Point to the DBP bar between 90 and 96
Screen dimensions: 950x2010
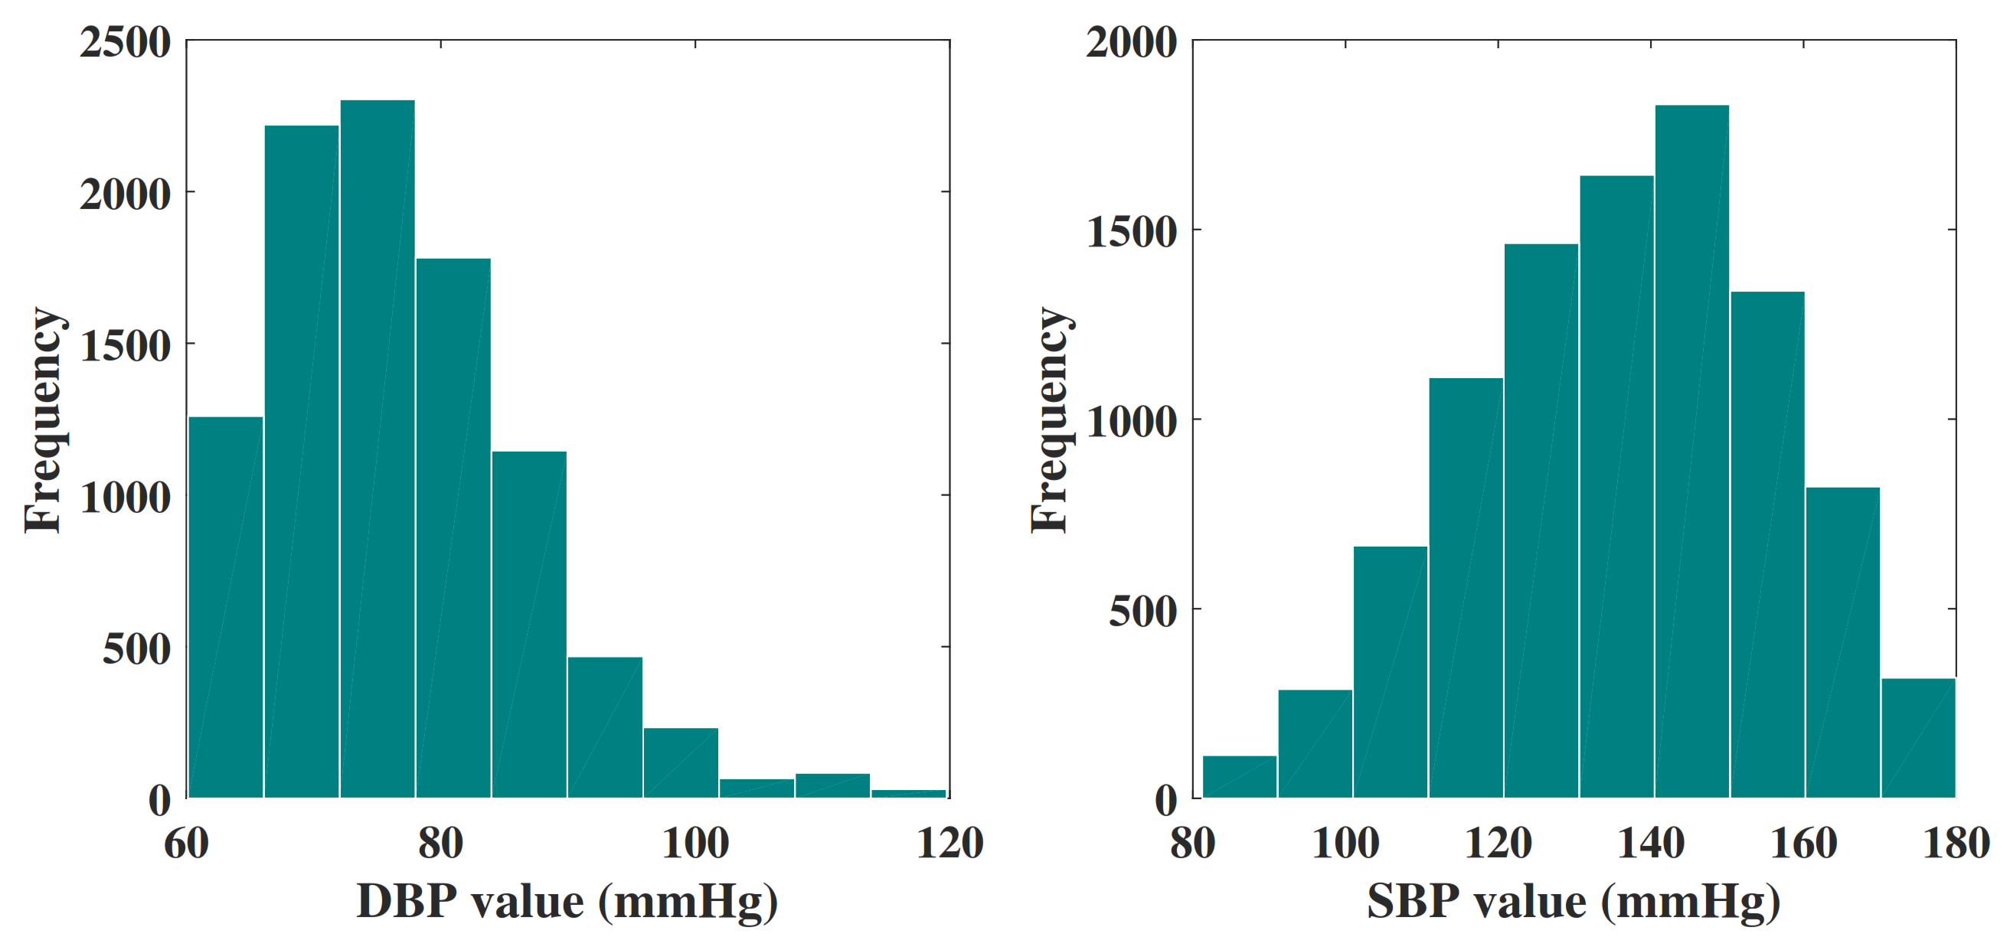point(605,727)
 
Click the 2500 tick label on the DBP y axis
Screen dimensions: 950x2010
point(125,42)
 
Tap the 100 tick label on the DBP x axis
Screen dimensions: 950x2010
point(695,844)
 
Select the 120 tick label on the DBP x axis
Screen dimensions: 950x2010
point(949,844)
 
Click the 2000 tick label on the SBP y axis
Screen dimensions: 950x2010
point(1131,42)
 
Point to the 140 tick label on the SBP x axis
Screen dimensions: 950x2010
point(1650,844)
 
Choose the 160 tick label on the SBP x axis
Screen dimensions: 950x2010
point(1802,844)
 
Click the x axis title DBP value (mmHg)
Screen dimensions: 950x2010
point(567,903)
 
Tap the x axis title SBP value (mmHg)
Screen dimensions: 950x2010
point(1573,903)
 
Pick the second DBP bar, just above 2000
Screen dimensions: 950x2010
point(301,461)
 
